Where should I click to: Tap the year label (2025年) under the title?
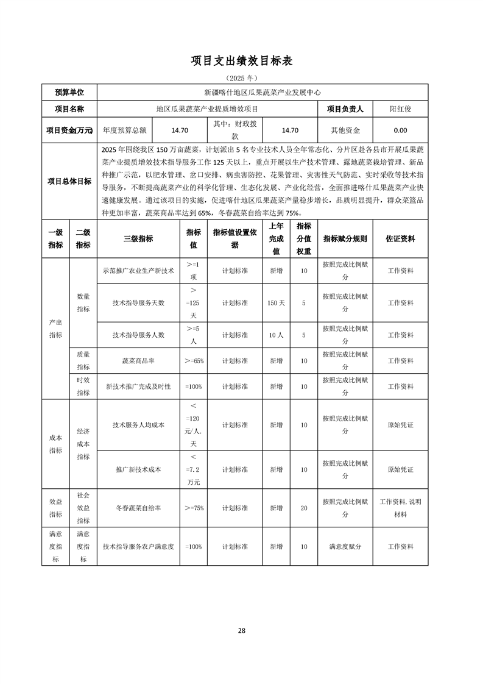coord(242,78)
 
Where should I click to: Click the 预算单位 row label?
coord(69,92)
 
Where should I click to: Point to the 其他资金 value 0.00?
coord(400,130)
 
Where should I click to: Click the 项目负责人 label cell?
coord(345,109)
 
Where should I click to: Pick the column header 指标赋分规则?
coord(345,239)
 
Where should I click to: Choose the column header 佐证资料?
coord(400,239)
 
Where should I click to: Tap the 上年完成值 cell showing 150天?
coord(277,302)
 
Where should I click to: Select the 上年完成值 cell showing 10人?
coord(277,335)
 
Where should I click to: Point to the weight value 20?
coord(303,508)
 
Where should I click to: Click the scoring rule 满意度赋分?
coord(345,547)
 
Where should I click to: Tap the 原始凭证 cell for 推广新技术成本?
coord(400,470)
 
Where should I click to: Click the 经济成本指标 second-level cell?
coord(83,444)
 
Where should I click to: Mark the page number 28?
coord(242,630)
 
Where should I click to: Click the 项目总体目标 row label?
coord(69,181)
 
